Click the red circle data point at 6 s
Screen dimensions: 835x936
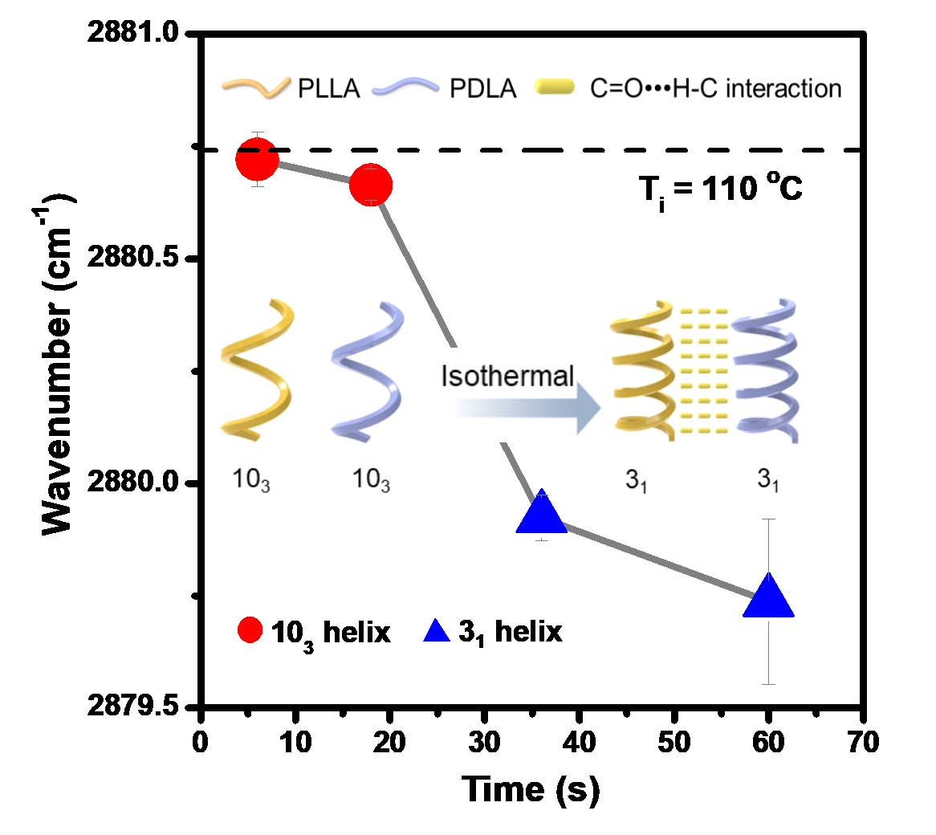click(257, 159)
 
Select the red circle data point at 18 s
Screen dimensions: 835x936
click(371, 185)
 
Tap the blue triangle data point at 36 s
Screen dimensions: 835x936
click(543, 515)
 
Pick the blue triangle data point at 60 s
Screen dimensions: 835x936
click(769, 597)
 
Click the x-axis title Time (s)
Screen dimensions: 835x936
click(531, 790)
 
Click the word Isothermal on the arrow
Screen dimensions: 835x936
click(508, 376)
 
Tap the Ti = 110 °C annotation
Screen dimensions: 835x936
click(714, 190)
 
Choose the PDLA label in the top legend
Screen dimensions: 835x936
click(482, 88)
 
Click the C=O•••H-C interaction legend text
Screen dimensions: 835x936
click(715, 87)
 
